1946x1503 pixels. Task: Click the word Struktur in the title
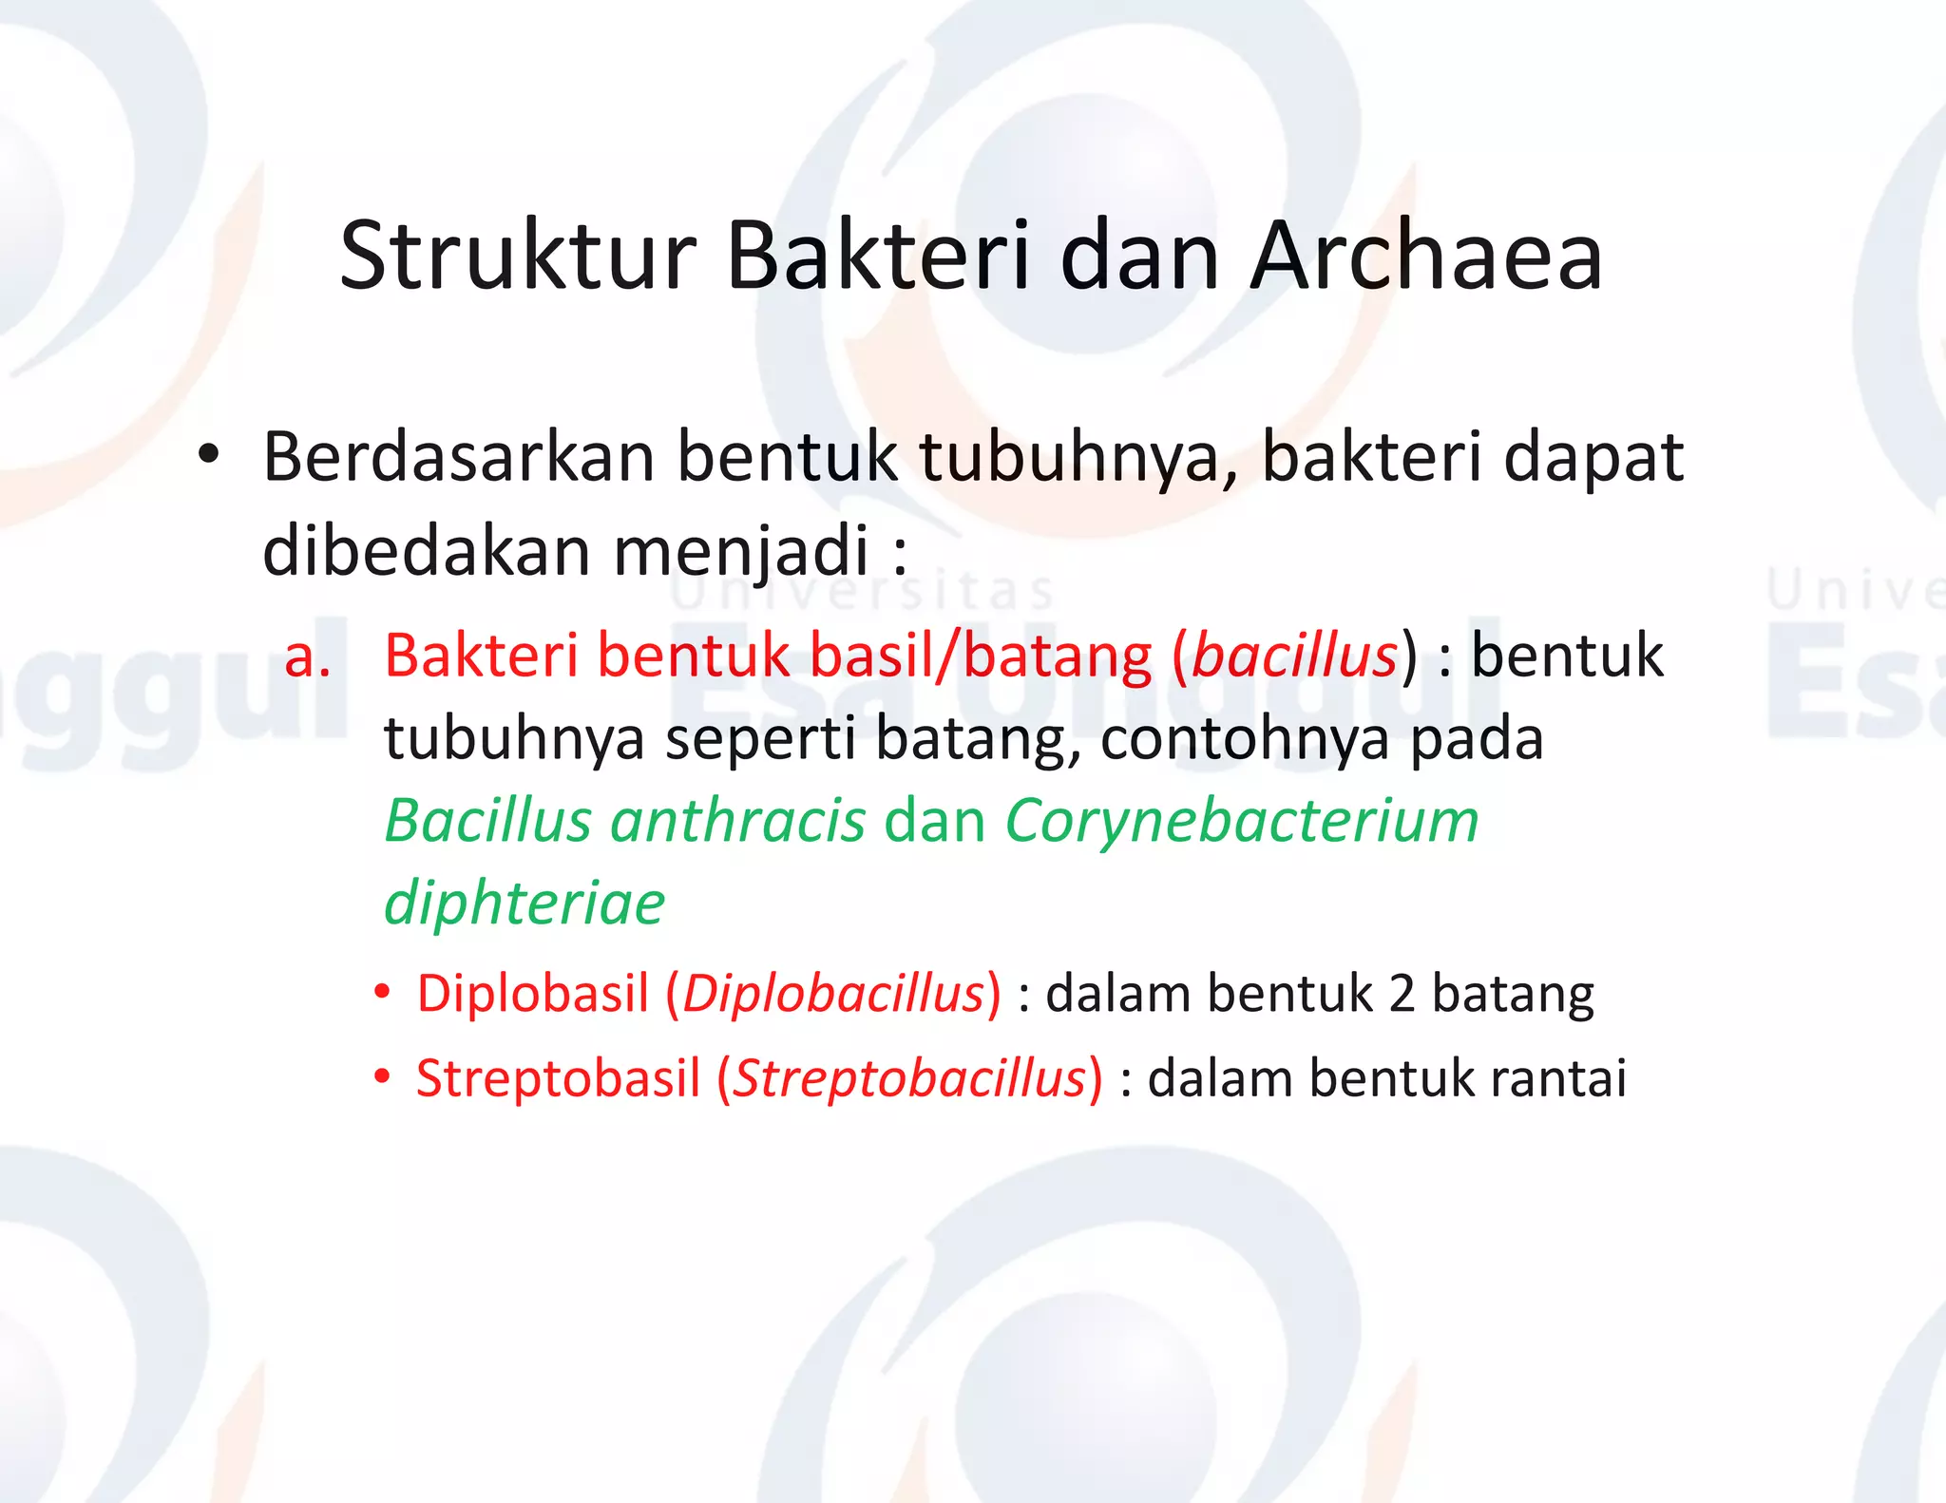point(519,257)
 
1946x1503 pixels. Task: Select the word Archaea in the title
point(1426,257)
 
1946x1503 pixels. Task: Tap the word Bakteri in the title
point(878,257)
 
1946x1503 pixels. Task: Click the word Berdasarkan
point(459,458)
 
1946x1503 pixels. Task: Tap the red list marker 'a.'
point(308,656)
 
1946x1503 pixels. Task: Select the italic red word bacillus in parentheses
point(1294,656)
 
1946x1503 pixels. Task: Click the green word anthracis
point(737,821)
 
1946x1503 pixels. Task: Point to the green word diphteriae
point(524,904)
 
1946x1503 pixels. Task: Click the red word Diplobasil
point(532,994)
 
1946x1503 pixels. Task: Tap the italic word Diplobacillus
point(833,994)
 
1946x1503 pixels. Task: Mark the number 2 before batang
point(1402,995)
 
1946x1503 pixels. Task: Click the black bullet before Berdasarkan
point(209,456)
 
